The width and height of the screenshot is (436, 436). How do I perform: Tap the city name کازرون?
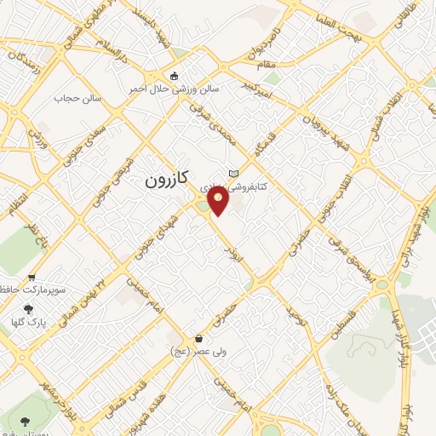coord(164,180)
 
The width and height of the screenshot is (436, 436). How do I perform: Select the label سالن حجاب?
coord(77,98)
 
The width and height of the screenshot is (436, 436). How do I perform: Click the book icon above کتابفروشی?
coord(233,173)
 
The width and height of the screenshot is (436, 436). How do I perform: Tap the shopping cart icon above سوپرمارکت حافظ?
coord(32,277)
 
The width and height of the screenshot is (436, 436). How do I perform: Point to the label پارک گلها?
coord(31,324)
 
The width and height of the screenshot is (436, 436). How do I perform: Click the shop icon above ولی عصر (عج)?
coord(198,338)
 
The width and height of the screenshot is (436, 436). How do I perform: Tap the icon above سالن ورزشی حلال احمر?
coord(175,75)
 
